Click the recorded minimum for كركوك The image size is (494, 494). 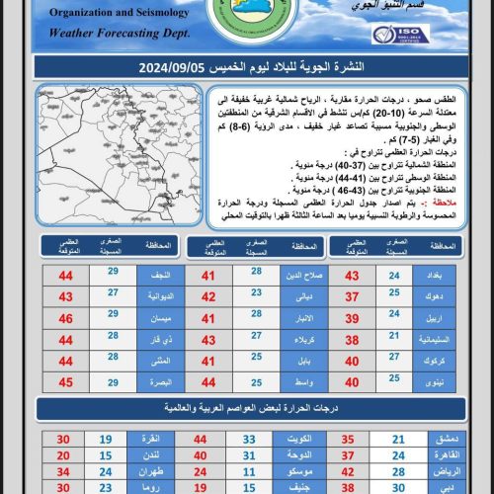[x=395, y=361]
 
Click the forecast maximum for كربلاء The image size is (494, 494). [x=208, y=340]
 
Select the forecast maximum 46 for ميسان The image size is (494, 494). [x=65, y=318]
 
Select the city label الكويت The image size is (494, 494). [x=303, y=438]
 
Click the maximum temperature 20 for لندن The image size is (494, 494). [x=64, y=455]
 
